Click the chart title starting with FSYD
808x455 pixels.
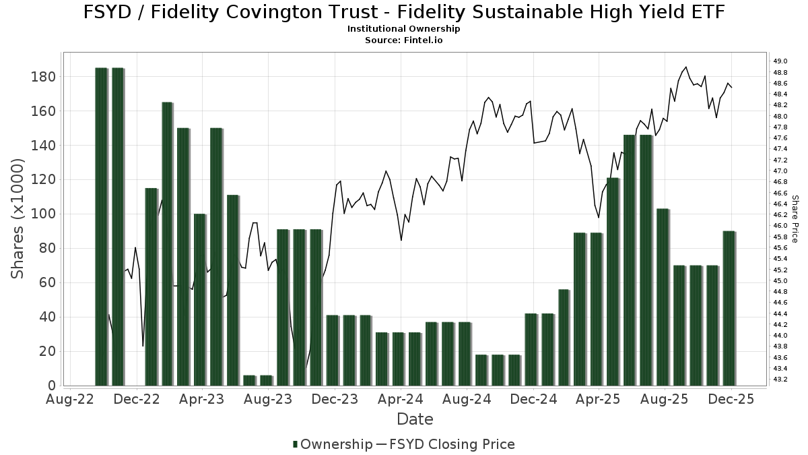point(403,12)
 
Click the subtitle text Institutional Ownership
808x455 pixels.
point(403,29)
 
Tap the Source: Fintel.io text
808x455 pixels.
point(403,40)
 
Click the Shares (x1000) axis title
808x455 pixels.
point(18,218)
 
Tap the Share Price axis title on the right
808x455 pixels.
point(795,218)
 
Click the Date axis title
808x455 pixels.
point(415,419)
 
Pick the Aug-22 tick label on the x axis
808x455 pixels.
point(70,399)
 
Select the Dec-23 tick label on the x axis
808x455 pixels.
point(335,399)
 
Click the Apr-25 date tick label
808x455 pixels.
point(599,399)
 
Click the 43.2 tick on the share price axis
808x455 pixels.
point(781,380)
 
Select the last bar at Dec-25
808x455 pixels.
point(729,308)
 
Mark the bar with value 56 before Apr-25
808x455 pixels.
point(564,337)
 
